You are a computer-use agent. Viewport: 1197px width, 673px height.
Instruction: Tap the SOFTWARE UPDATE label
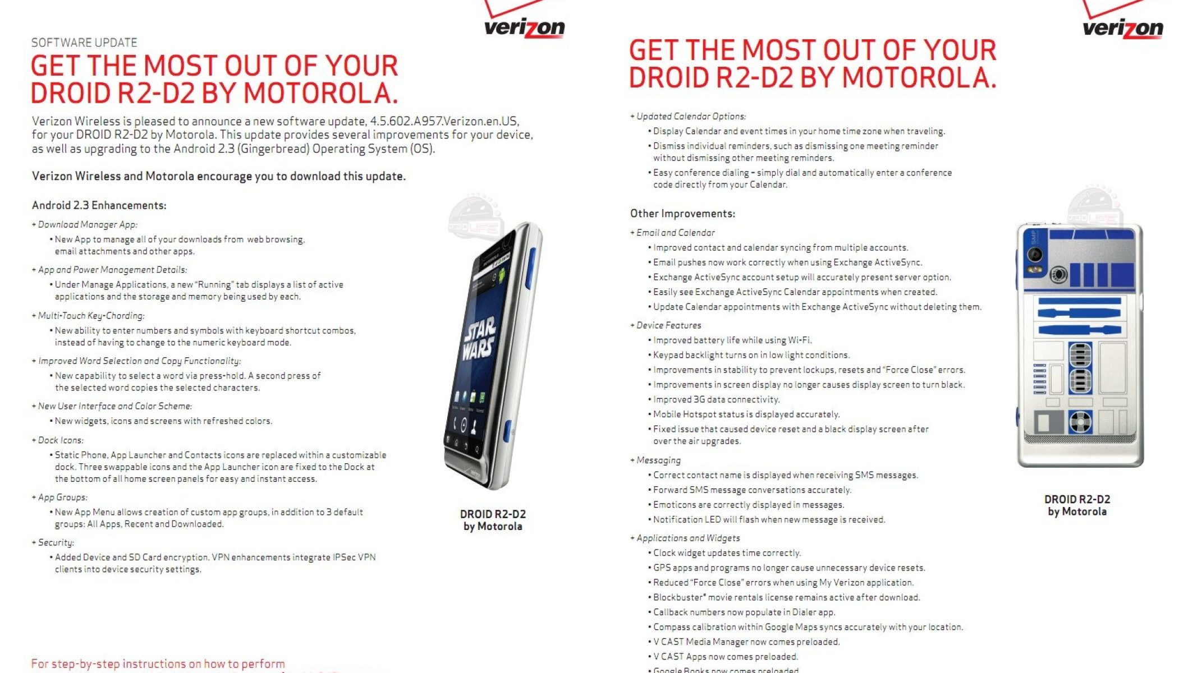point(84,43)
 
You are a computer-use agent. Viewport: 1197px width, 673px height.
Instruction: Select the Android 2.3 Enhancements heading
point(99,205)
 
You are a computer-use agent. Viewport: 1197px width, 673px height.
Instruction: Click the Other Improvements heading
point(682,214)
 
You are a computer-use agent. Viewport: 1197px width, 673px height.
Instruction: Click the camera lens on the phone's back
point(1058,274)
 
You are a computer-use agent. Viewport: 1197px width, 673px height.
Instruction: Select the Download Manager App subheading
point(85,225)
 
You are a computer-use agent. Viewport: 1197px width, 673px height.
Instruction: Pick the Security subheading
point(53,543)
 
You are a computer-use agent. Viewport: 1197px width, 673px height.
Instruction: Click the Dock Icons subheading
point(58,440)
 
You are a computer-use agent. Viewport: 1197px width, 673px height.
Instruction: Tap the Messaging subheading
point(655,460)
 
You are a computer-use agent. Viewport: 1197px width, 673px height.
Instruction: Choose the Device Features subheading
point(666,325)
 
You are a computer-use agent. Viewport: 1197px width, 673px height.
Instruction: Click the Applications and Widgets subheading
point(685,538)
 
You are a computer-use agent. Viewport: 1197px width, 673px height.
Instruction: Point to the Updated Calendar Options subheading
point(688,117)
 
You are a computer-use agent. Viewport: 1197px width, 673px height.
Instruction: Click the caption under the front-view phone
point(493,520)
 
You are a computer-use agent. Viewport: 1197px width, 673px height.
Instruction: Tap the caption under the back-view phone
point(1077,505)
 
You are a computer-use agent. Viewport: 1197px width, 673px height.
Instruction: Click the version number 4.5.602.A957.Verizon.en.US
point(444,121)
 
